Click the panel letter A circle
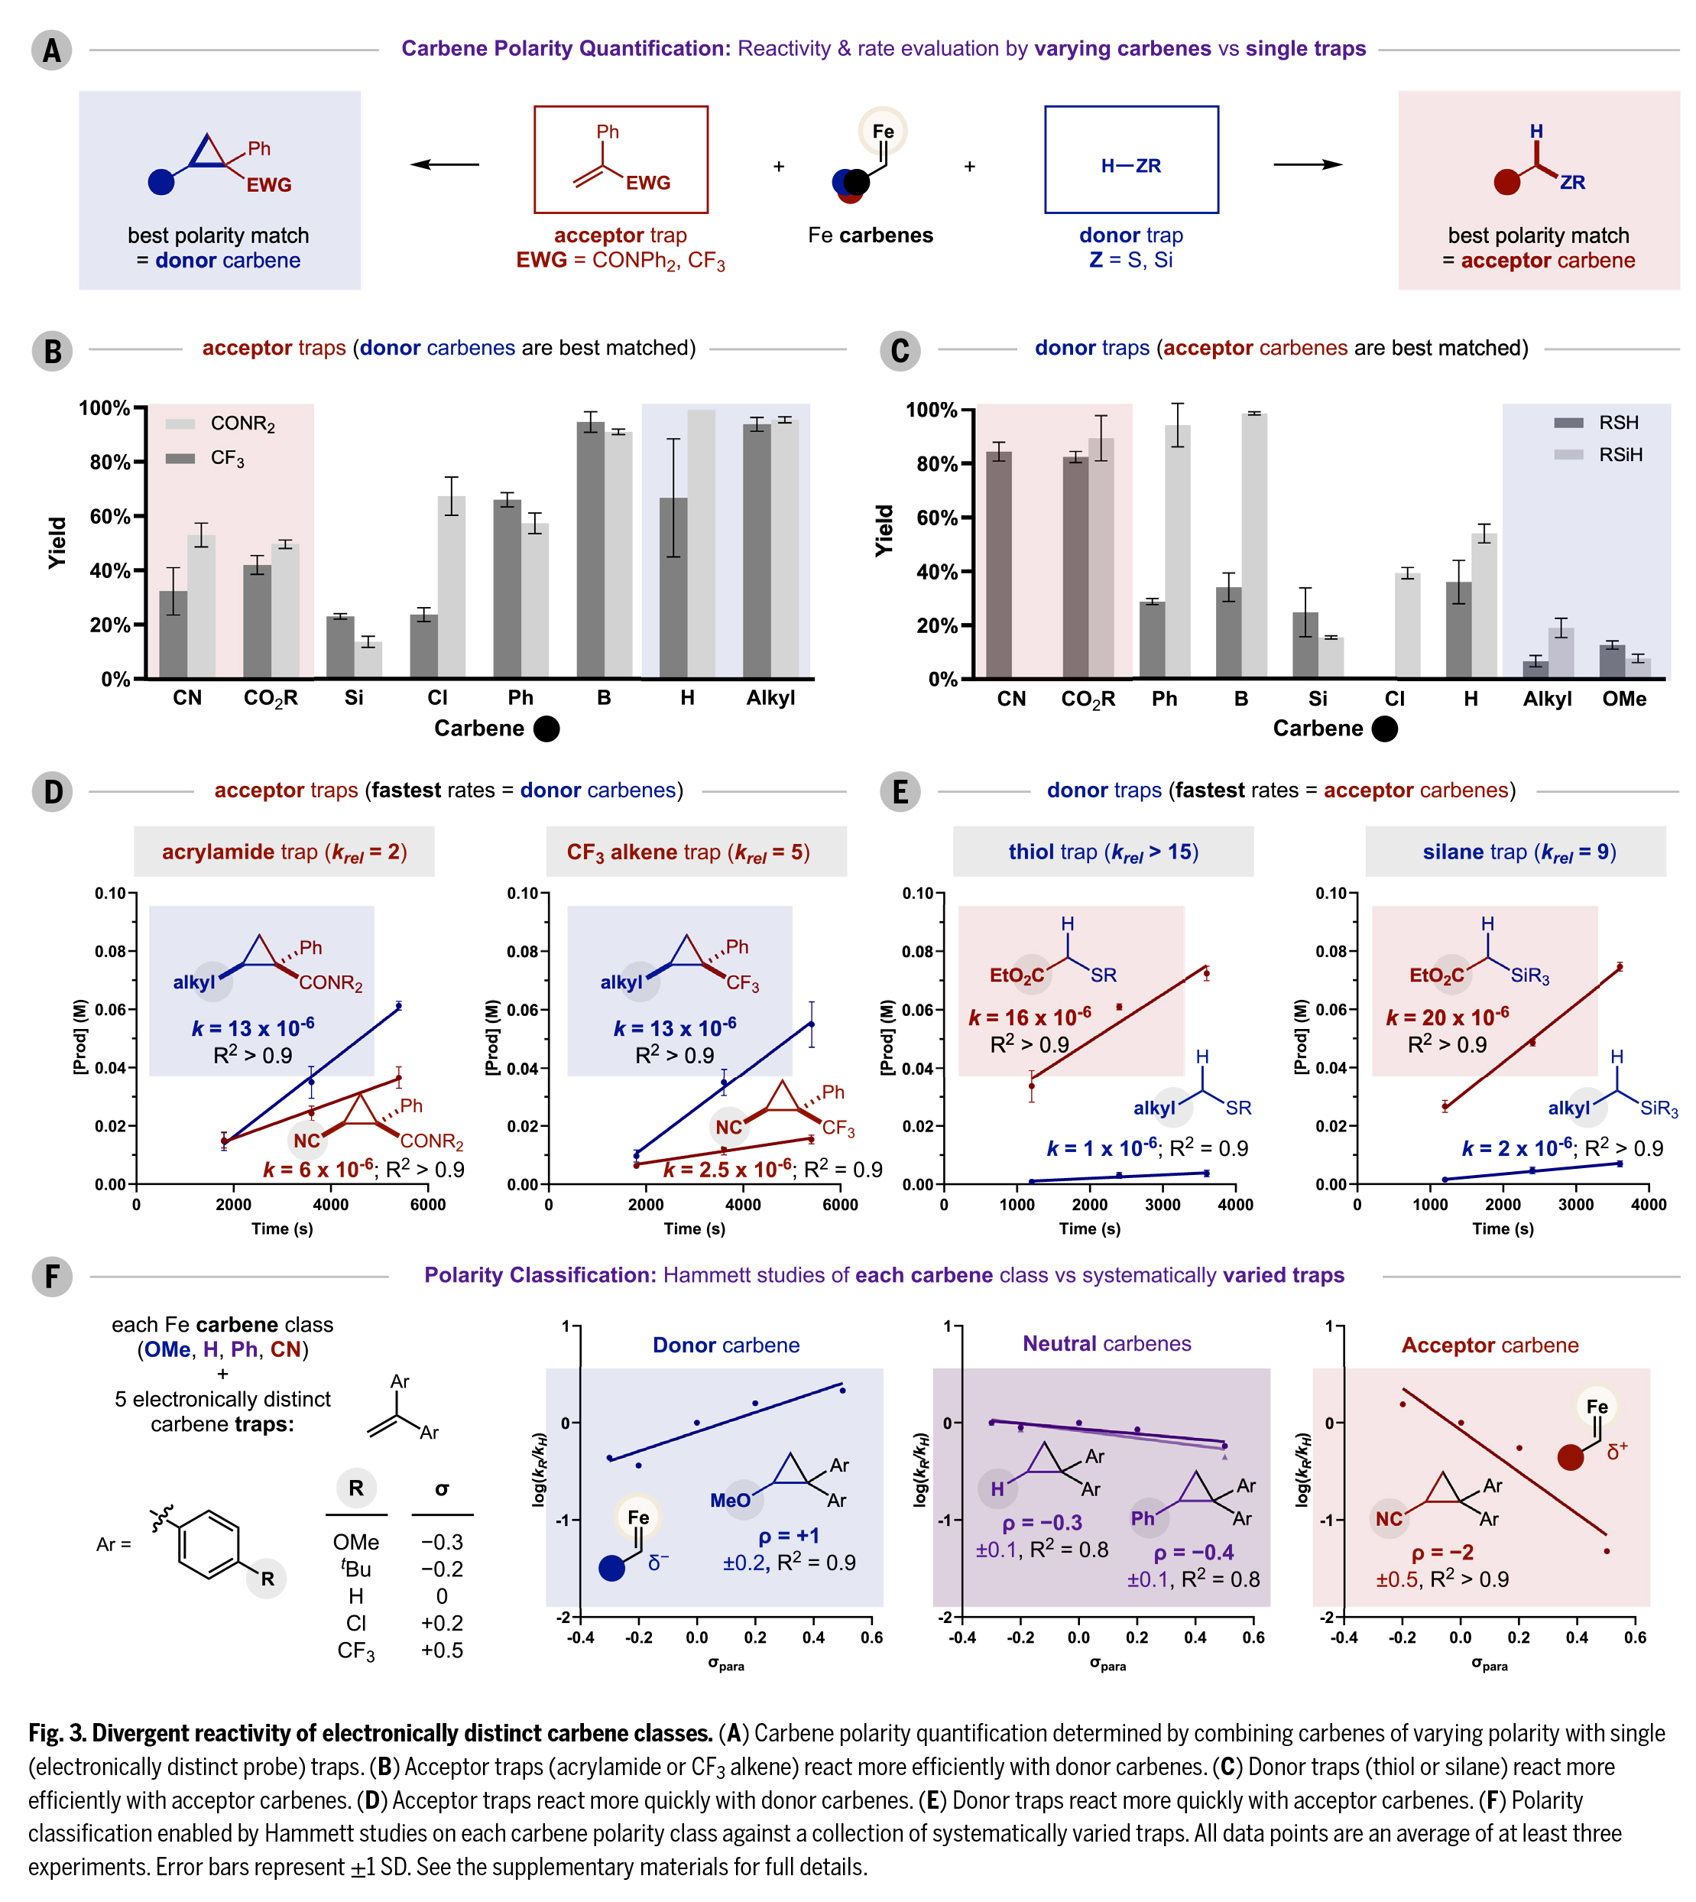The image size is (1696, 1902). pyautogui.click(x=51, y=50)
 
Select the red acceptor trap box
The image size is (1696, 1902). pyautogui.click(x=621, y=159)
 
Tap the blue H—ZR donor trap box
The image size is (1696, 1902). pyautogui.click(x=1130, y=159)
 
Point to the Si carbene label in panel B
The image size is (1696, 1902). pyautogui.click(x=353, y=698)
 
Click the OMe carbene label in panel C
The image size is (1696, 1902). pyautogui.click(x=1623, y=699)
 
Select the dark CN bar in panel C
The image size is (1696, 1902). pyautogui.click(x=999, y=565)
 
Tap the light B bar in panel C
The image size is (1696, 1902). pyautogui.click(x=1253, y=545)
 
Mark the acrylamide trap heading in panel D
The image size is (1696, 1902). pyautogui.click(x=284, y=852)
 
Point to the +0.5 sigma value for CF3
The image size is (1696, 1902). pyautogui.click(x=442, y=1650)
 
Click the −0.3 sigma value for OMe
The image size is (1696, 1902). pyautogui.click(x=442, y=1542)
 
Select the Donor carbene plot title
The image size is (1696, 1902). pyautogui.click(x=726, y=1345)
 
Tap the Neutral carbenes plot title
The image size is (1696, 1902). pyautogui.click(x=1106, y=1343)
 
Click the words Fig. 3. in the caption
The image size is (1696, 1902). pyautogui.click(x=58, y=1733)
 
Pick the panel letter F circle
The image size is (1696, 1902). pyautogui.click(x=51, y=1276)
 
